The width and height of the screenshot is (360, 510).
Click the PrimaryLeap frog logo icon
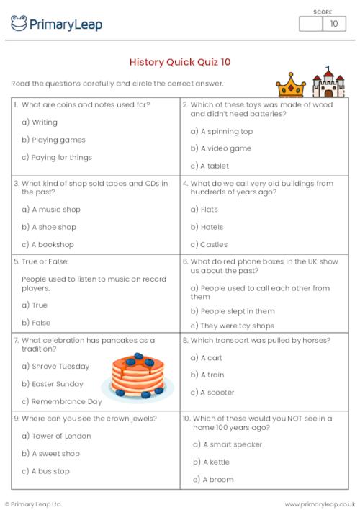click(19, 24)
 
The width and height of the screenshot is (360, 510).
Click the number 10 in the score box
click(333, 24)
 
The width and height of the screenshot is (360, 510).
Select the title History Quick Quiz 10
click(180, 62)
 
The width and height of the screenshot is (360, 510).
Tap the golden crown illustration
click(292, 84)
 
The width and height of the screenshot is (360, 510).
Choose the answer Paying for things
click(57, 157)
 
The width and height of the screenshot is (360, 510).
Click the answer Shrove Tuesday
click(55, 367)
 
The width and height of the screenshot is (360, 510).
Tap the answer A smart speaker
click(228, 444)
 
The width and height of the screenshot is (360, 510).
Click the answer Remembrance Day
click(62, 401)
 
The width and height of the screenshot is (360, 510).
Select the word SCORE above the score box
click(323, 11)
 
